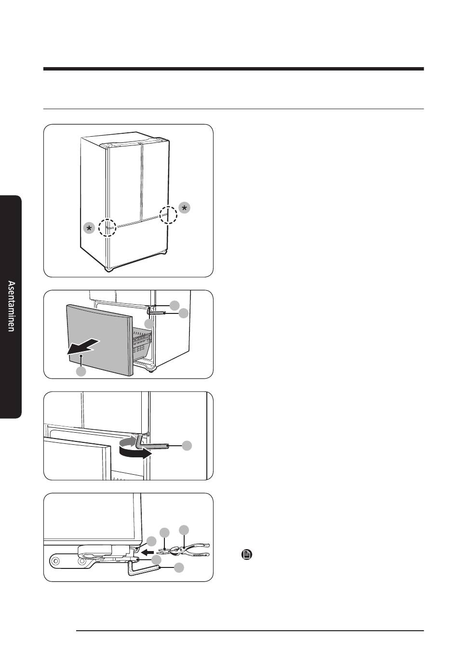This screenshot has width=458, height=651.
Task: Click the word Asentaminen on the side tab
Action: point(11,306)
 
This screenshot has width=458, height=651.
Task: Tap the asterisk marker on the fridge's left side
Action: point(89,228)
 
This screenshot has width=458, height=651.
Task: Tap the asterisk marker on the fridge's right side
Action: point(185,208)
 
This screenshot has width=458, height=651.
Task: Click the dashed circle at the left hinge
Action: point(108,227)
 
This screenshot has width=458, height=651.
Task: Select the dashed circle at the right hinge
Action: point(168,215)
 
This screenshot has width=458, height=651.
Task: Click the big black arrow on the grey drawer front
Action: point(83,346)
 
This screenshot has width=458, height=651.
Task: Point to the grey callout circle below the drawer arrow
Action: point(81,371)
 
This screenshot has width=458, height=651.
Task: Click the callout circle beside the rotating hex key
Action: point(187,446)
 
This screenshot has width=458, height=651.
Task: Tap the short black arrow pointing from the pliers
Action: point(149,551)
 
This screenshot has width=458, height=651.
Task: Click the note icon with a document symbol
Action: point(246,554)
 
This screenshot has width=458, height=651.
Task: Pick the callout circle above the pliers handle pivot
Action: point(184,530)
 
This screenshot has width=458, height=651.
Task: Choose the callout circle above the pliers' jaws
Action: point(164,532)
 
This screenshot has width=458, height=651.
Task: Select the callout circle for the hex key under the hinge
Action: point(179,567)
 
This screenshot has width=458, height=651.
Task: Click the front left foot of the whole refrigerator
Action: point(109,269)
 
